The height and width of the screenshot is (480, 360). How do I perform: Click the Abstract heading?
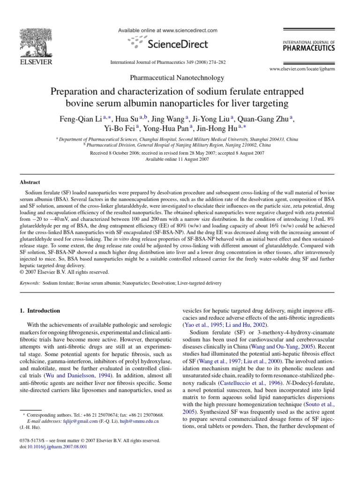tap(29, 182)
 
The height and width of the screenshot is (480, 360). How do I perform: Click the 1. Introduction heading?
tap(40, 310)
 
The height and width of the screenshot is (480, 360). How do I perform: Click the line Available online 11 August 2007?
tap(180, 159)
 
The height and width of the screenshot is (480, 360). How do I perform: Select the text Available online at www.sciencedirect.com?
tap(167, 30)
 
